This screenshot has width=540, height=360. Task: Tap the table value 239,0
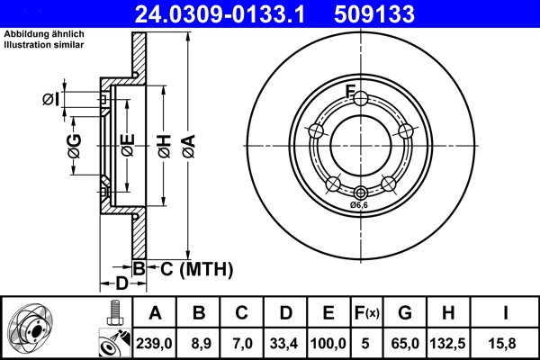(x=156, y=343)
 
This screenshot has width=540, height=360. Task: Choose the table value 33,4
(x=285, y=343)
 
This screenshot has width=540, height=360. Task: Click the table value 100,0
(x=328, y=343)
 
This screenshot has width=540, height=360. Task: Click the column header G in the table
(x=405, y=313)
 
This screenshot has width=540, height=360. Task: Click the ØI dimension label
(x=50, y=99)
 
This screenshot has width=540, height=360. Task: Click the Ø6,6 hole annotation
(x=360, y=205)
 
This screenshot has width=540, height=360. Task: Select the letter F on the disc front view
(x=352, y=90)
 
